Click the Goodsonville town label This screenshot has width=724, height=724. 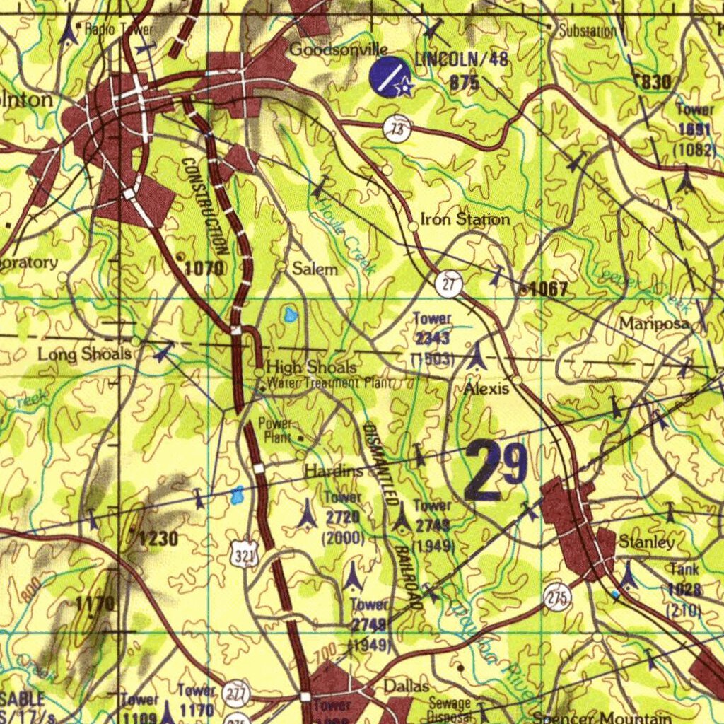[339, 49]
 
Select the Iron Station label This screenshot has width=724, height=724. [465, 219]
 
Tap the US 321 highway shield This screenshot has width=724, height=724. [243, 555]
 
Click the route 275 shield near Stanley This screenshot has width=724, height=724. [557, 598]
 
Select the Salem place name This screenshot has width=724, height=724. [315, 269]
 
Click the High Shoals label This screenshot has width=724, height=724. [311, 368]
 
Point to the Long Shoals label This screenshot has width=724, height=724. [84, 354]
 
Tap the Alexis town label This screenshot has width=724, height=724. [486, 389]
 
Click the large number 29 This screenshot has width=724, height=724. [496, 469]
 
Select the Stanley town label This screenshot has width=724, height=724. [646, 542]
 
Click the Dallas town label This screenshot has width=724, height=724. [406, 687]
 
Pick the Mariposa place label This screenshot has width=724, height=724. [654, 324]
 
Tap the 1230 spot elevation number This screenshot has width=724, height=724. [158, 539]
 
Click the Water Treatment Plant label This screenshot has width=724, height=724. [329, 383]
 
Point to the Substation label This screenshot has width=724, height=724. [588, 31]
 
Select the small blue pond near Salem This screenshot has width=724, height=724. [290, 315]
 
